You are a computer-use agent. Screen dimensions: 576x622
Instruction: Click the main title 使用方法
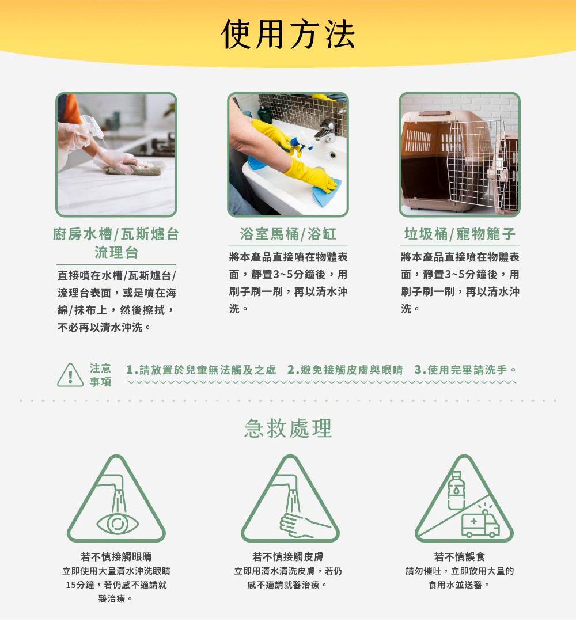[x=287, y=35]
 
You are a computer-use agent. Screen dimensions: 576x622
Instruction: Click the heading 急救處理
[x=288, y=428]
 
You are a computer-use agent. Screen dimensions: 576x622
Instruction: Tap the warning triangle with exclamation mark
[x=70, y=376]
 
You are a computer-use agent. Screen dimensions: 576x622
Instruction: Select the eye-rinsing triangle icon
[x=116, y=499]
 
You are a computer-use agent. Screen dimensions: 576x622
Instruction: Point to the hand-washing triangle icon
[x=290, y=499]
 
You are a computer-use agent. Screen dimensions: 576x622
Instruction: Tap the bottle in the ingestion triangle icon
[x=456, y=490]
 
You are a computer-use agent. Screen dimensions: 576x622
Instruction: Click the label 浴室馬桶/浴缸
[x=288, y=234]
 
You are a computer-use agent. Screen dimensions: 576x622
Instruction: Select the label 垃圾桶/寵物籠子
[x=460, y=234]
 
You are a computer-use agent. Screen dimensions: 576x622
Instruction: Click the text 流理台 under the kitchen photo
[x=116, y=252]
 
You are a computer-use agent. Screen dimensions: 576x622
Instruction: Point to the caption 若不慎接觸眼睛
[x=116, y=557]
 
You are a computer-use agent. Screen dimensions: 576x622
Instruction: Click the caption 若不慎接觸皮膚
[x=288, y=557]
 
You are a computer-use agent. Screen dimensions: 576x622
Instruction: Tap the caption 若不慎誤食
[x=460, y=557]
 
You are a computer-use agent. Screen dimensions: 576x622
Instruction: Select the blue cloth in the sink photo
[x=327, y=193]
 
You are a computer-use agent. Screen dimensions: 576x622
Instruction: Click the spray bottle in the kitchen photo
[x=93, y=128]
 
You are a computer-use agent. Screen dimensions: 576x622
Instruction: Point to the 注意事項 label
[x=100, y=376]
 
